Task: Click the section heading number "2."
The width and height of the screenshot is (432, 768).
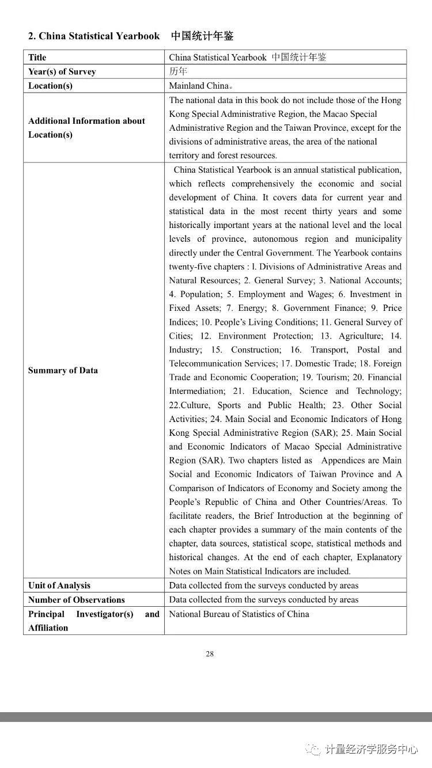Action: click(32, 36)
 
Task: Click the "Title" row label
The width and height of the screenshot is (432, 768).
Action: click(37, 58)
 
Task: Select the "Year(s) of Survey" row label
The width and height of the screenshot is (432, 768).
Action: click(62, 72)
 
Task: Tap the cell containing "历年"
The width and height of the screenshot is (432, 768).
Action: click(178, 71)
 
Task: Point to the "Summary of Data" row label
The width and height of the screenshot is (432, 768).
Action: click(63, 370)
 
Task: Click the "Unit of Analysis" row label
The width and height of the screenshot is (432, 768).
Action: click(59, 585)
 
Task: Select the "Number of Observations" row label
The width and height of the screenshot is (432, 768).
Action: click(76, 600)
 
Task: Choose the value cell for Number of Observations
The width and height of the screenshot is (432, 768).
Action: click(263, 600)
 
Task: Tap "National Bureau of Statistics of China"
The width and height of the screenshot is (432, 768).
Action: click(238, 614)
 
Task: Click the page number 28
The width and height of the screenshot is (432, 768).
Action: click(210, 653)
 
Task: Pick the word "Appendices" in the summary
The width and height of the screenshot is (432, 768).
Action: click(343, 461)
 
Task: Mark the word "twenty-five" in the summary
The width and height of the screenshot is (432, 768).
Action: click(190, 267)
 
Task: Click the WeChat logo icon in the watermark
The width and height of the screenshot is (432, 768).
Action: click(313, 748)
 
